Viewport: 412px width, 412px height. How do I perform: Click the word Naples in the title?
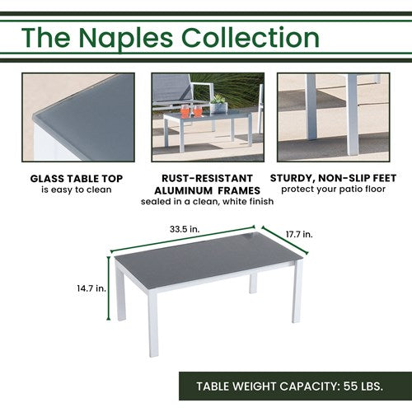[126, 39]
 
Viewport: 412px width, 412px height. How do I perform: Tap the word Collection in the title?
[250, 37]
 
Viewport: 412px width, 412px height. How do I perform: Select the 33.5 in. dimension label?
[185, 229]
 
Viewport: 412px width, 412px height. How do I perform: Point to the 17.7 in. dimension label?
[299, 234]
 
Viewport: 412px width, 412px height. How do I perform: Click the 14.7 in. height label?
[91, 288]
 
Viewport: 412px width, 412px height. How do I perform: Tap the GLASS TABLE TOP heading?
[77, 179]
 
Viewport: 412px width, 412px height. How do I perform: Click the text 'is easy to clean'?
[77, 190]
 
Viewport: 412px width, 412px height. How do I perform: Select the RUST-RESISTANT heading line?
[207, 178]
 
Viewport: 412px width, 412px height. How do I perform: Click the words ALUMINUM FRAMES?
[207, 190]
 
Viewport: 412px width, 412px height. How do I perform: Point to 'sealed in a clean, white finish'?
[207, 201]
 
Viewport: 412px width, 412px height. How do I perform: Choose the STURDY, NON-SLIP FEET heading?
[333, 178]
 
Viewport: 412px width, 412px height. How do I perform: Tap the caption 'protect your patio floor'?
[333, 190]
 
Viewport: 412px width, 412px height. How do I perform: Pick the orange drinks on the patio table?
[191, 111]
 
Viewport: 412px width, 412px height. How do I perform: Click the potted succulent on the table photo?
[219, 104]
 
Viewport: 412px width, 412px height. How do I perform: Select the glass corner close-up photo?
[78, 117]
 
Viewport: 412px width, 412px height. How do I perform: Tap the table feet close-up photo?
[334, 117]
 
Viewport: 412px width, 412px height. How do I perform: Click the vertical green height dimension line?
[109, 288]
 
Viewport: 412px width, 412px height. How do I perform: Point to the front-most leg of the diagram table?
[153, 324]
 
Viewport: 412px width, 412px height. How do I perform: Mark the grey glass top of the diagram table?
[208, 256]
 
